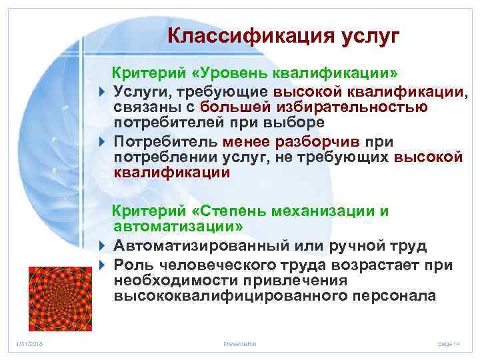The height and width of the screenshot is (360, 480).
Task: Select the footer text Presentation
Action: [x=239, y=343]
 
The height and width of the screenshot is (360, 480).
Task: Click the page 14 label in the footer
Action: [x=449, y=343]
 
